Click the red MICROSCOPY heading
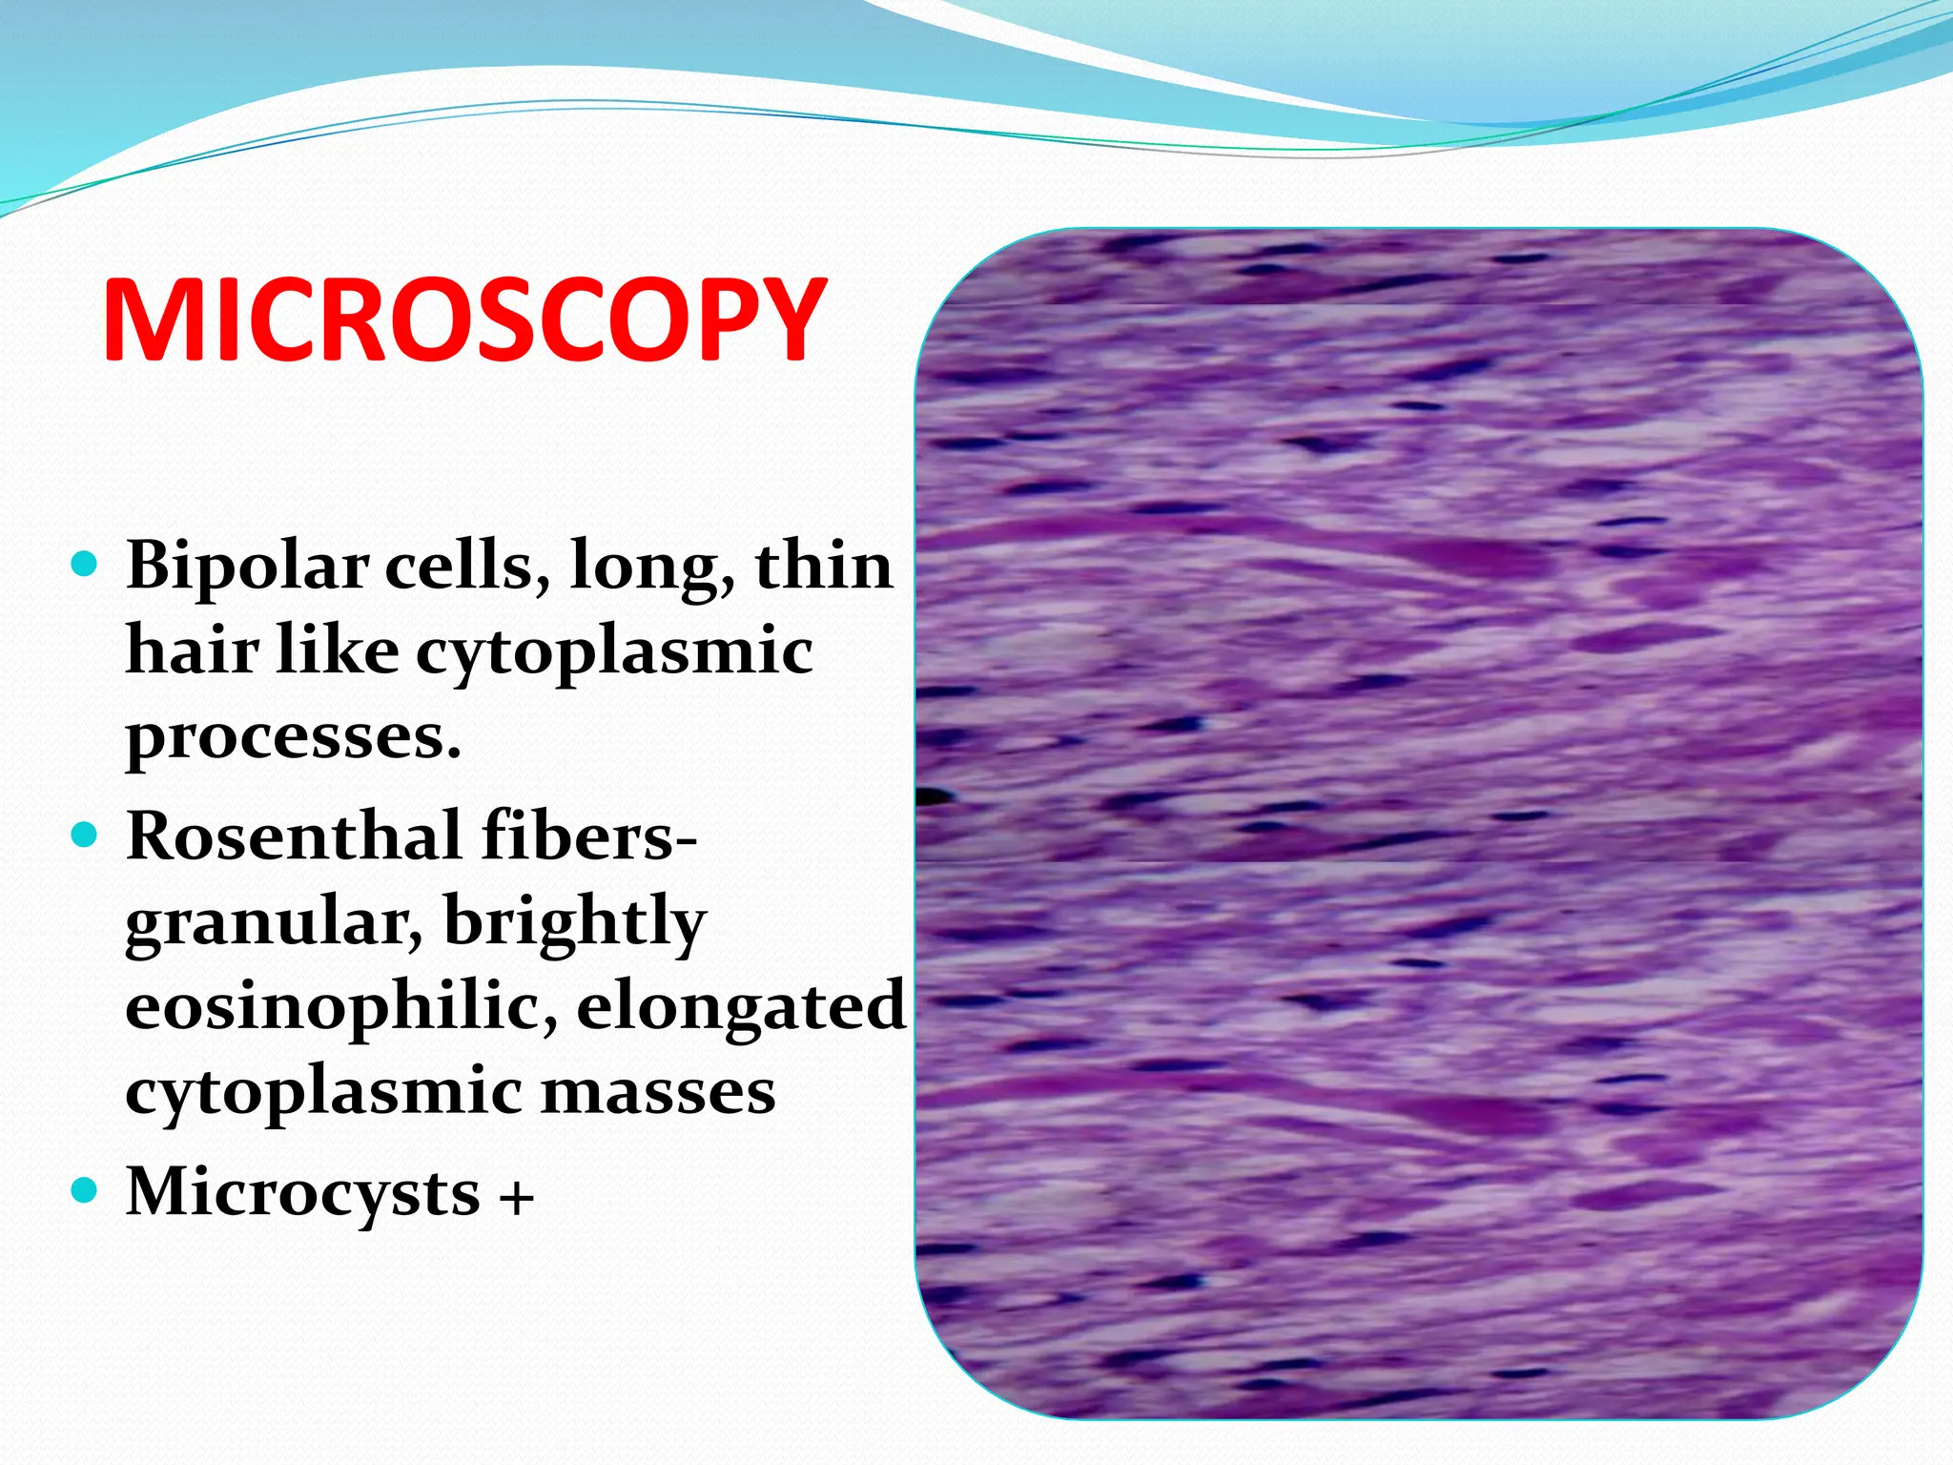pos(464,320)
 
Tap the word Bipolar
pos(246,567)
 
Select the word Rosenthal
pos(295,836)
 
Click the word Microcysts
pos(302,1192)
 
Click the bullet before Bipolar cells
pos(85,566)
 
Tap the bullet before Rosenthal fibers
pos(85,836)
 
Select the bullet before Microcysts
pos(85,1191)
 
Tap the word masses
pos(658,1092)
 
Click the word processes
pos(293,737)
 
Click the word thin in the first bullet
pos(824,567)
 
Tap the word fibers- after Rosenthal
pos(589,836)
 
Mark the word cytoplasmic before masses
pos(323,1094)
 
